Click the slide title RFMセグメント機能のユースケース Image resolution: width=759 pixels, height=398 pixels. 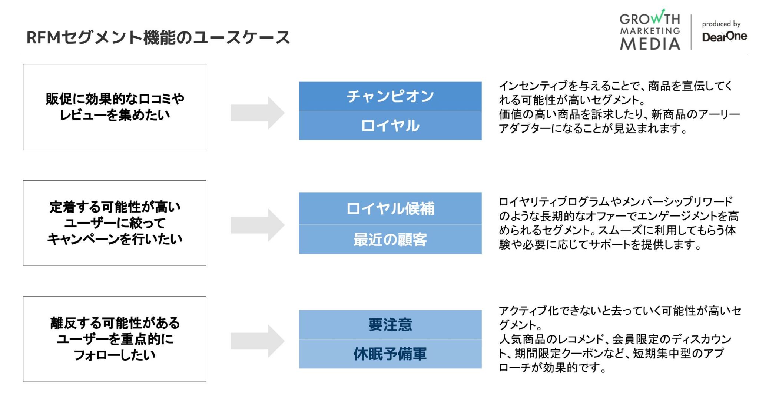point(158,37)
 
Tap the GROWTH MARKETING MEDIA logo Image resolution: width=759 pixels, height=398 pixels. point(650,30)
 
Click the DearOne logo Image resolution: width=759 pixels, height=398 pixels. point(724,37)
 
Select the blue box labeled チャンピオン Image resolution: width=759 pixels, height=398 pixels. point(390,96)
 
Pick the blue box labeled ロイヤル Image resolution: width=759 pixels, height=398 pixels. point(390,126)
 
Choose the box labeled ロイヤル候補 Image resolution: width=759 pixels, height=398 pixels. point(390,208)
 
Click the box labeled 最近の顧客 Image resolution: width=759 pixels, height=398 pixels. point(390,240)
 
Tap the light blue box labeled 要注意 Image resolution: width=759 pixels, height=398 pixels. point(390,325)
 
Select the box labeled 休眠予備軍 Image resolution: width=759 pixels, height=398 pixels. point(390,354)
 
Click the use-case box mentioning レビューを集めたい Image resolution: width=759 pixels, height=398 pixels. point(115,107)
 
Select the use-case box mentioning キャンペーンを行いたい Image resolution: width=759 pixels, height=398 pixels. point(115,223)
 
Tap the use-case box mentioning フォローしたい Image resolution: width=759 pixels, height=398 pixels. point(115,339)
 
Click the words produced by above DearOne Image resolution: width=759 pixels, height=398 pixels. point(721,24)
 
